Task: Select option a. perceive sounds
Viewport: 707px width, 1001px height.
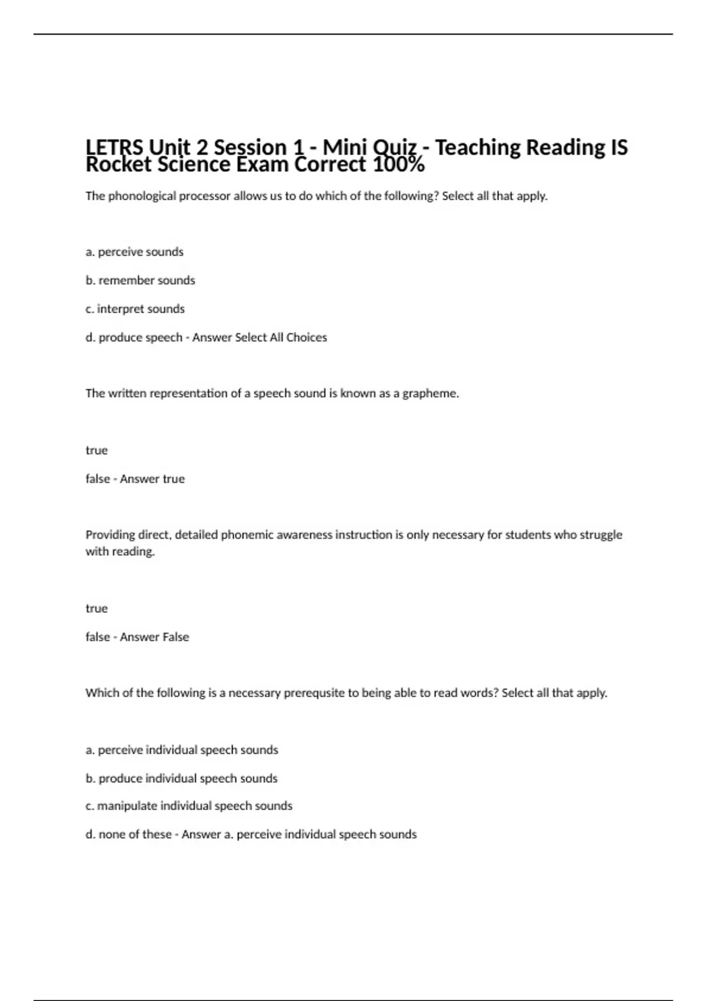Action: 134,252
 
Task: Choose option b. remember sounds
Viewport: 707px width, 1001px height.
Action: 140,280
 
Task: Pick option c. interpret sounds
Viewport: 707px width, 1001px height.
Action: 135,309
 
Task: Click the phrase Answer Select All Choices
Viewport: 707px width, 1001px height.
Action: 259,337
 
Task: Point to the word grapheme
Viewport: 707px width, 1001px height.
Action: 430,393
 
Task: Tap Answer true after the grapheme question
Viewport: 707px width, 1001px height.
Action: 152,479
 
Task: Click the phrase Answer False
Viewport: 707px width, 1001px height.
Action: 154,637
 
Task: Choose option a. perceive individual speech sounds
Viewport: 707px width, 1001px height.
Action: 181,750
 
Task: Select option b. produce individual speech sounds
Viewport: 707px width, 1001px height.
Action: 181,778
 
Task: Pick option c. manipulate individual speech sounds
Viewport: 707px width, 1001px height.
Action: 189,806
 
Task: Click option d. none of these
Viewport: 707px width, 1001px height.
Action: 128,834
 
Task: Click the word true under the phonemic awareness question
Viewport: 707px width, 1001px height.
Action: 97,608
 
